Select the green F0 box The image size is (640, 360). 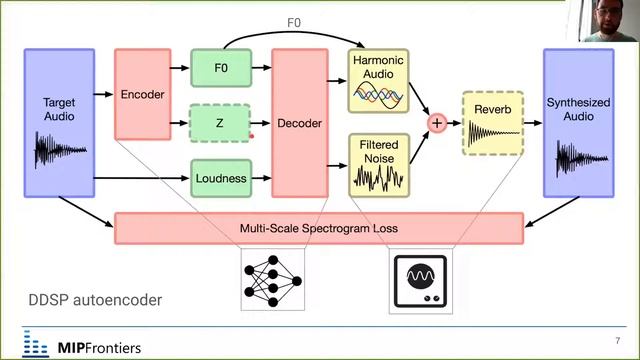[x=221, y=68]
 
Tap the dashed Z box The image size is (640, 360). [x=221, y=123]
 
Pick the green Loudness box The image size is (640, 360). [x=221, y=178]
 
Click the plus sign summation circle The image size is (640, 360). [x=436, y=123]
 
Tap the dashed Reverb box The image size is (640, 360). [x=493, y=123]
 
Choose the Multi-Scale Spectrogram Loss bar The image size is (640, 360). [x=319, y=228]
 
